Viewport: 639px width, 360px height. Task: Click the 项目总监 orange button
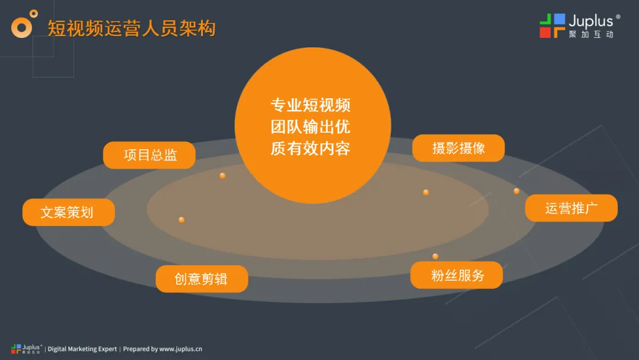[149, 155]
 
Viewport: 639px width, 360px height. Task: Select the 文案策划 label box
[69, 212]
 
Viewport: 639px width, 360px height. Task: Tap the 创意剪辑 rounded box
[202, 279]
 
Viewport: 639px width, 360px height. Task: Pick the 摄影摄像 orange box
[459, 148]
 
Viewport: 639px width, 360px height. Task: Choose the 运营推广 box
[572, 208]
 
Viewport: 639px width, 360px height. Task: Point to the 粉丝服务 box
[456, 275]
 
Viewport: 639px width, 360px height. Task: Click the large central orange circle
[313, 126]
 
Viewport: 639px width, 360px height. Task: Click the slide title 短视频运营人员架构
[131, 28]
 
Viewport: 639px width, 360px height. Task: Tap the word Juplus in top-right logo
[591, 21]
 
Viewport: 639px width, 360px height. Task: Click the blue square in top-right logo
[560, 19]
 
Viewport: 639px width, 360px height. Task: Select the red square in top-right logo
[546, 32]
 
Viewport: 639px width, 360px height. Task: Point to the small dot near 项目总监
[222, 176]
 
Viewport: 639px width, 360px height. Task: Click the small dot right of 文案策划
[182, 220]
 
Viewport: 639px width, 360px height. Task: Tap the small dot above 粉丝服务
[435, 256]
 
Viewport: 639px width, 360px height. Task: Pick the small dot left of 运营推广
[517, 191]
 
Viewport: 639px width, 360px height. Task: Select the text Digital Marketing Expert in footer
[82, 349]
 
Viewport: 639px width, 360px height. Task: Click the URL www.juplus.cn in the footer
[180, 349]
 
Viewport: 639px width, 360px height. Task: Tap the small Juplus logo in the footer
[26, 349]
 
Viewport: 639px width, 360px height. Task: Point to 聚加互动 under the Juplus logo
[591, 35]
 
